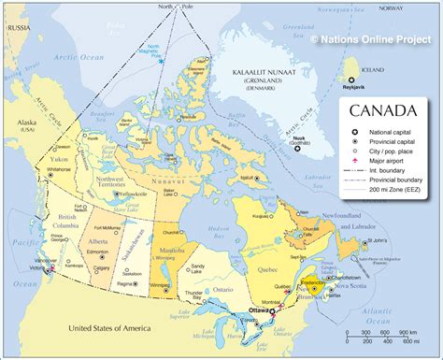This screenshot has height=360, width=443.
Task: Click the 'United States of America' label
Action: click(x=105, y=328)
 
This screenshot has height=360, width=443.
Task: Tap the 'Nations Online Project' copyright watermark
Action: click(x=377, y=39)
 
